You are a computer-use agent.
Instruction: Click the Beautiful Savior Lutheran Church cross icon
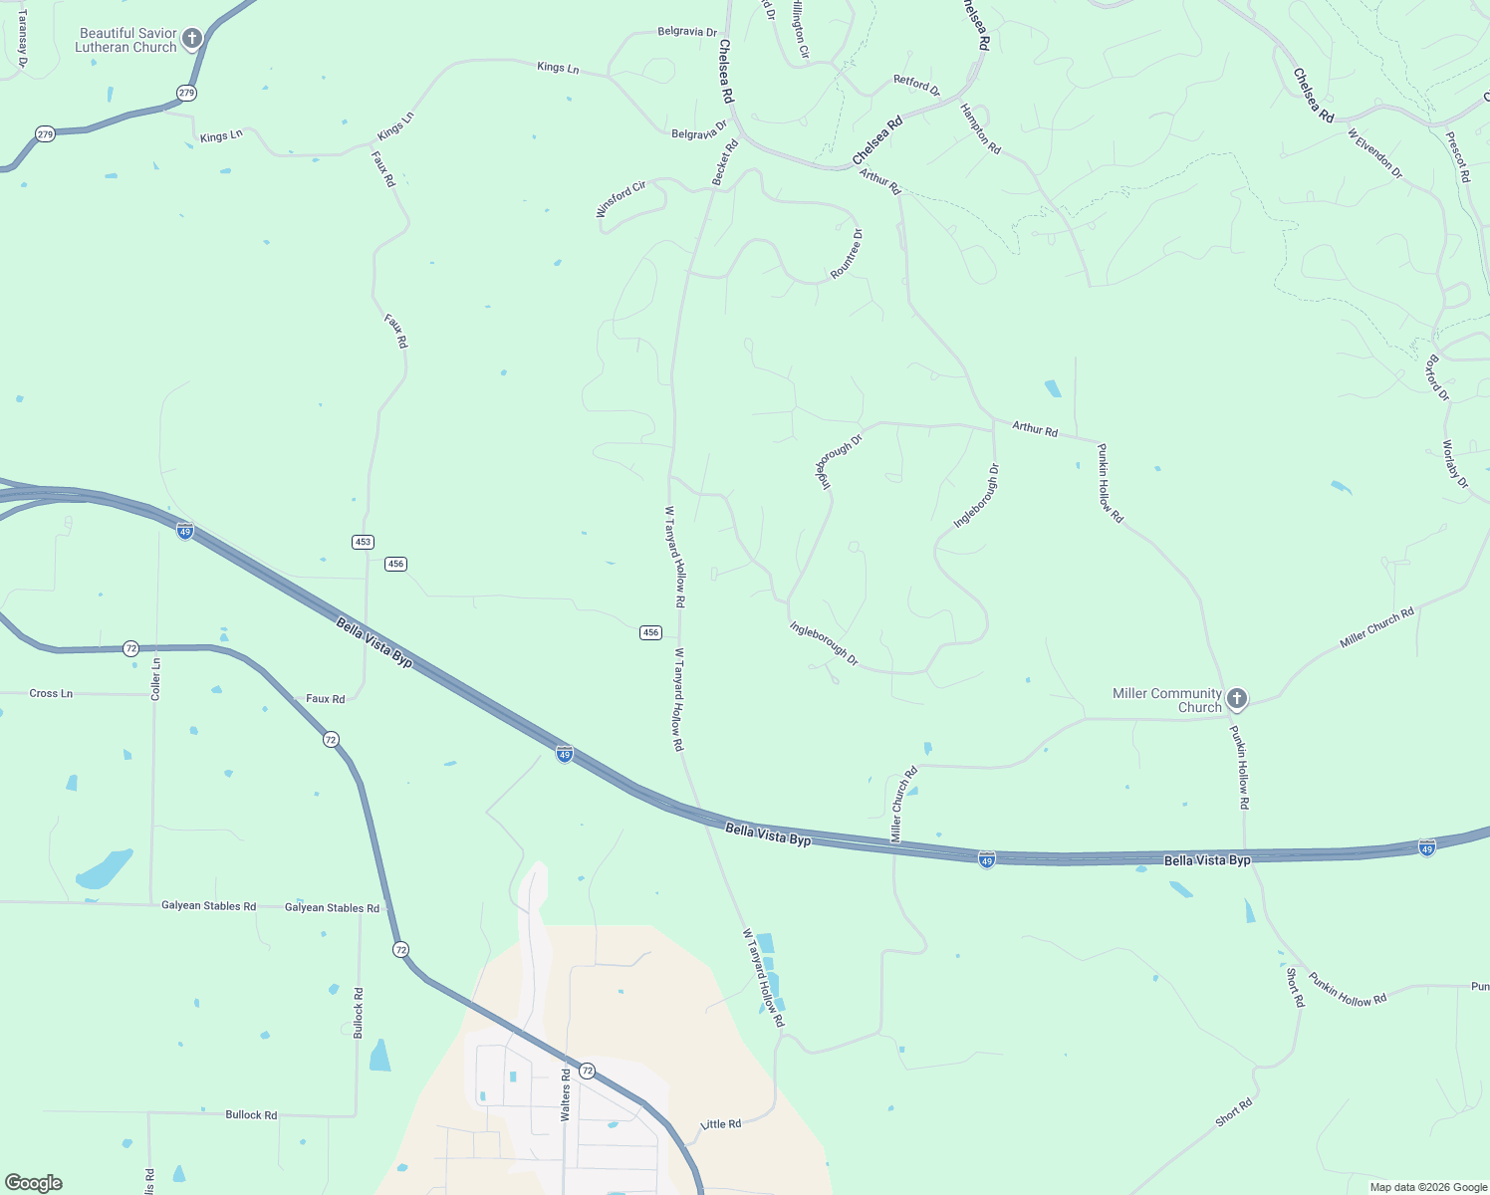192,39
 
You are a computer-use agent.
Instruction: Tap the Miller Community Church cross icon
1236,699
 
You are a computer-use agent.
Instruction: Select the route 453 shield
363,542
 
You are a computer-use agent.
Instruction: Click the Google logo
33,1182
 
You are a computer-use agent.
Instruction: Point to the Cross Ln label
51,693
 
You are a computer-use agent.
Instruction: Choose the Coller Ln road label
155,679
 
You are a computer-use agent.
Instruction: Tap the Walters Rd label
566,1095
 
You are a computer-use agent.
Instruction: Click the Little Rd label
721,1124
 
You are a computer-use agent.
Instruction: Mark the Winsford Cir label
621,198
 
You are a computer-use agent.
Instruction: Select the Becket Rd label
725,161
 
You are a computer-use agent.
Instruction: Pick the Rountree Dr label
847,254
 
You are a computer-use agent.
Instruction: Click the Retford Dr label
916,85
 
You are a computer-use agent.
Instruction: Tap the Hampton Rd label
980,128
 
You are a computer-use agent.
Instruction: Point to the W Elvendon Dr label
1374,153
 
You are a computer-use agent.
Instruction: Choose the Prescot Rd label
1457,155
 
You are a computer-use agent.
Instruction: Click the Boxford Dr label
1437,377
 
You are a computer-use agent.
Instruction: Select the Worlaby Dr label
1455,464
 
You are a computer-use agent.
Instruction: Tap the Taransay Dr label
23,39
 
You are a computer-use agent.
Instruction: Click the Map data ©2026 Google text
1428,1187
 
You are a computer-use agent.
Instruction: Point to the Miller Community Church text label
1167,700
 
